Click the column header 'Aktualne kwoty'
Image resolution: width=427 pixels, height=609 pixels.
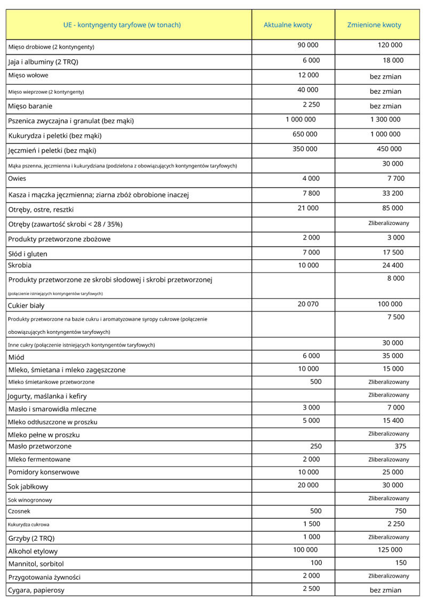click(x=288, y=25)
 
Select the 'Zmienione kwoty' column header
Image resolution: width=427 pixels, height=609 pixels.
click(x=374, y=25)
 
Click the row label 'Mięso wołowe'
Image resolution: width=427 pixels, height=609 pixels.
click(x=28, y=76)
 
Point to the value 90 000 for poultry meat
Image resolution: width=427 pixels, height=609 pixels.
click(x=308, y=45)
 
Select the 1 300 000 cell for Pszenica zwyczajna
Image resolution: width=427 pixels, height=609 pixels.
click(x=385, y=119)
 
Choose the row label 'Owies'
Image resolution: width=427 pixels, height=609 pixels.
click(x=17, y=179)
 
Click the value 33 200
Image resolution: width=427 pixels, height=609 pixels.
click(x=393, y=193)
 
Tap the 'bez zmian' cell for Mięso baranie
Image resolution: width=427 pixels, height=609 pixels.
click(x=385, y=106)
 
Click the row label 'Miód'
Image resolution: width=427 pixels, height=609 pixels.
click(x=17, y=357)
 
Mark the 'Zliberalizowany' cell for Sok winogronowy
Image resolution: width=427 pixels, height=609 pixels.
click(x=389, y=499)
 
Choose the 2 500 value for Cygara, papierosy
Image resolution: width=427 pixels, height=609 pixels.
click(x=311, y=588)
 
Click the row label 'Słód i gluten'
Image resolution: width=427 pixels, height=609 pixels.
click(x=28, y=254)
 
